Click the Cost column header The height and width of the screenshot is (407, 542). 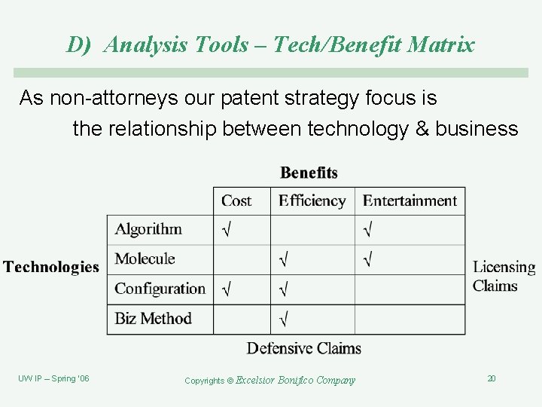coord(236,200)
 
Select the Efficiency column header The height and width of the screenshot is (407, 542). coord(312,200)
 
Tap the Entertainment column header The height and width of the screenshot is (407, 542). coord(410,200)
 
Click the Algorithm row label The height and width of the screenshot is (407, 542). coord(148,230)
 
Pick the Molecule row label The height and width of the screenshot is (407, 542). coord(145,259)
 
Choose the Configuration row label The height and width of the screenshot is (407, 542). coord(160,289)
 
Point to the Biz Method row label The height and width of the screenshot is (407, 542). coord(153,318)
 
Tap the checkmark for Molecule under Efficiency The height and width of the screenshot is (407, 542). coord(283,260)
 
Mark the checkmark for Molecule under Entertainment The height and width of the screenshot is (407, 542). coord(367,260)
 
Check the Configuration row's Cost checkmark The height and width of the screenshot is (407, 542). coord(226,289)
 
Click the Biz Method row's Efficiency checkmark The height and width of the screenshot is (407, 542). coord(283,319)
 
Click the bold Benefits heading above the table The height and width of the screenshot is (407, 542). coord(309,173)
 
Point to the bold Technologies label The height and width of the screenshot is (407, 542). coord(51,267)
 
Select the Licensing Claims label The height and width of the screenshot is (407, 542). coord(504,276)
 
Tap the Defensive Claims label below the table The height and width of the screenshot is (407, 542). coord(304,348)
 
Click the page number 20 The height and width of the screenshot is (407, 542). coord(491,378)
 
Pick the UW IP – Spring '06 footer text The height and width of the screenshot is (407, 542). coord(53,378)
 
